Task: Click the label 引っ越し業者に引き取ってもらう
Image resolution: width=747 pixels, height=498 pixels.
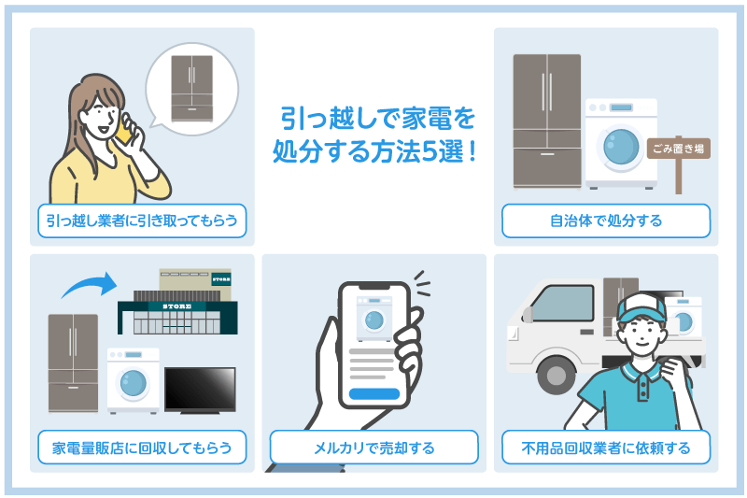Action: click(142, 221)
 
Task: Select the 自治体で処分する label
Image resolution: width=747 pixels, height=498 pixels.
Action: click(605, 221)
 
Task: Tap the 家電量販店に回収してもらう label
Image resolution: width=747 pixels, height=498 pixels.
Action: click(142, 448)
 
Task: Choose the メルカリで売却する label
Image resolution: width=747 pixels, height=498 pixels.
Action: click(373, 448)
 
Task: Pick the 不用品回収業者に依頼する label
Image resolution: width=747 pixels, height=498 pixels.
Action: click(605, 448)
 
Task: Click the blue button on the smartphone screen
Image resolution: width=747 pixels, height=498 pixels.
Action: click(373, 393)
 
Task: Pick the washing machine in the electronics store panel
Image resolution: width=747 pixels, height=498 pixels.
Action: click(133, 379)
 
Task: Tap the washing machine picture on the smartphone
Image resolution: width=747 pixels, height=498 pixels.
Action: click(373, 318)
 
